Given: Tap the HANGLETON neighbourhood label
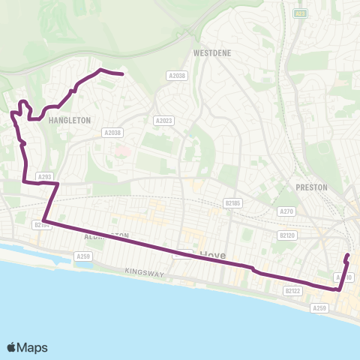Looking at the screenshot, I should point(69,120).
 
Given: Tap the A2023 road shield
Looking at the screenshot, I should point(163,121).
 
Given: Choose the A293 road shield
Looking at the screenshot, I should point(45,177).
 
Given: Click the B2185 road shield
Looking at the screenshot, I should point(235,202).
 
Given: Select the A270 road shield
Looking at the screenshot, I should point(286,211).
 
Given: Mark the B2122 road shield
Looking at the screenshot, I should point(293,290).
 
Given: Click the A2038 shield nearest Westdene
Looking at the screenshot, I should point(176,76).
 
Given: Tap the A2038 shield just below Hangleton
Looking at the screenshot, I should point(111,133).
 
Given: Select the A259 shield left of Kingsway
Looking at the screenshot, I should point(82,256).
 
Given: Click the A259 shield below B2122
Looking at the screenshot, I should point(320,307).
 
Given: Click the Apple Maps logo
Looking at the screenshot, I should point(27,347).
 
